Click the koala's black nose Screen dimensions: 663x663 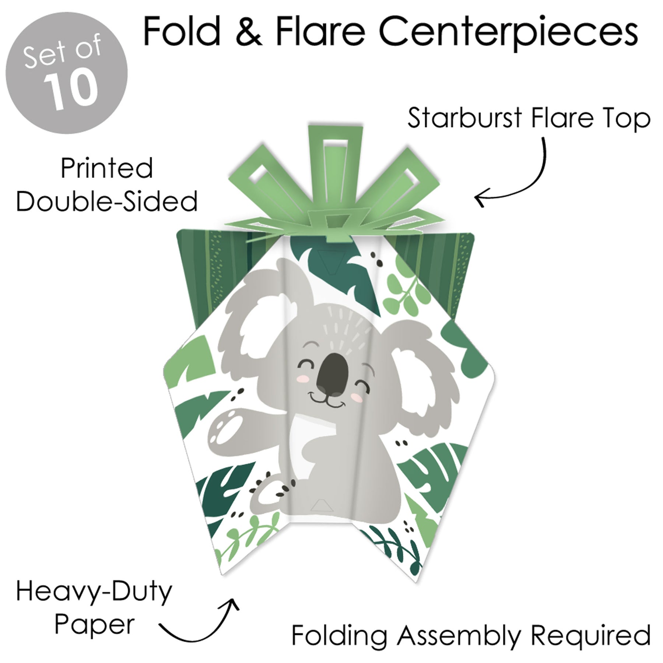(x=333, y=372)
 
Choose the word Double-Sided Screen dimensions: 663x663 (x=107, y=202)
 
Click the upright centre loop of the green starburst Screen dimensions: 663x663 (x=335, y=155)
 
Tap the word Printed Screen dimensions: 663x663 (x=107, y=169)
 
